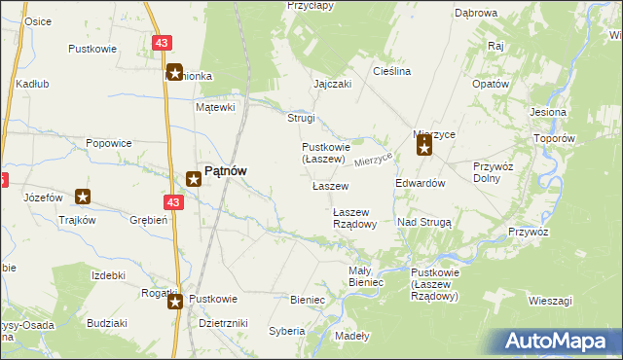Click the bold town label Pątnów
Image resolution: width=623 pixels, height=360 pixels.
pyautogui.click(x=225, y=170)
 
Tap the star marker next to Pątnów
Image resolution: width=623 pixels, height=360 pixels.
pyautogui.click(x=194, y=178)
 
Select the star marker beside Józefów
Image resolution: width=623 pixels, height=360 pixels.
pyautogui.click(x=84, y=197)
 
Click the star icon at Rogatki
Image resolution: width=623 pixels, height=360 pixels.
pyautogui.click(x=175, y=302)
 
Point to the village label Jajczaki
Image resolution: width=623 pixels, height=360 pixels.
pyautogui.click(x=332, y=84)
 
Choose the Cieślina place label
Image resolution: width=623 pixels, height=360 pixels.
pyautogui.click(x=392, y=72)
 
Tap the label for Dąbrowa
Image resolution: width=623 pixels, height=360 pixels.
pyautogui.click(x=476, y=13)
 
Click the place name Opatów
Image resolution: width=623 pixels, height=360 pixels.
pyautogui.click(x=491, y=84)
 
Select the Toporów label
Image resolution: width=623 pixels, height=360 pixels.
pyautogui.click(x=556, y=138)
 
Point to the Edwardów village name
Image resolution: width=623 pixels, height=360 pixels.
pyautogui.click(x=421, y=183)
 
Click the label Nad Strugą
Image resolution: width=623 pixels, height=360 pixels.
pyautogui.click(x=424, y=222)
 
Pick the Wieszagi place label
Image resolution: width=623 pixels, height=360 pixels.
pyautogui.click(x=550, y=301)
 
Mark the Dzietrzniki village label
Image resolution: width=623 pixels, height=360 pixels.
pyautogui.click(x=223, y=322)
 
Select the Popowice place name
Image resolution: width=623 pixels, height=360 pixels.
pyautogui.click(x=108, y=143)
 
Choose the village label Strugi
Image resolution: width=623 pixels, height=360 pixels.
pyautogui.click(x=300, y=119)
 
